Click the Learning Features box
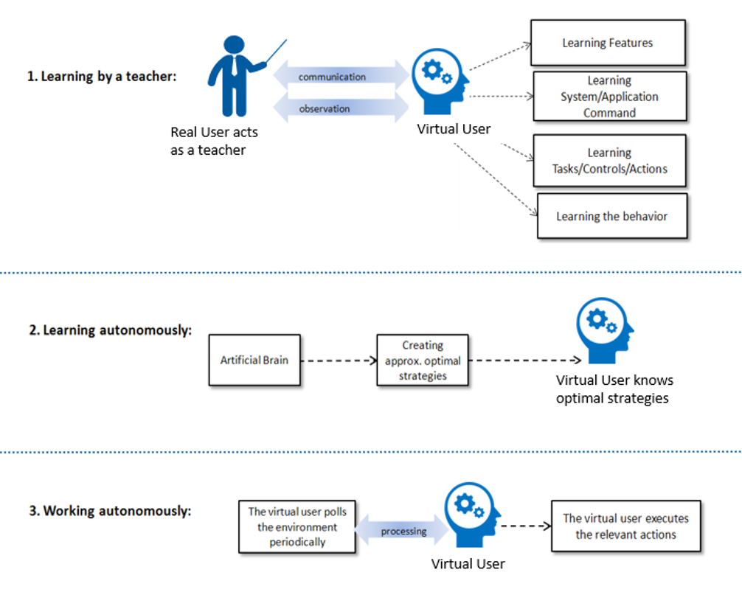tap(608, 43)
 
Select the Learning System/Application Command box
tap(610, 97)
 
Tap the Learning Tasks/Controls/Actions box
tap(610, 161)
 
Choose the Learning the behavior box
tap(612, 216)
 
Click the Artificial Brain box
tap(254, 360)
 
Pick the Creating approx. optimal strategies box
tap(423, 360)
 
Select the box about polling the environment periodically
tap(297, 526)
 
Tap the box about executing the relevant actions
tap(626, 526)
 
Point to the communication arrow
tap(341, 76)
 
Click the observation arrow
tap(341, 108)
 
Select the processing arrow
tap(402, 530)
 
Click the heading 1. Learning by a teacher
tap(102, 76)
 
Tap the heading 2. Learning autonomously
tap(111, 330)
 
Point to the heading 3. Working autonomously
tap(110, 511)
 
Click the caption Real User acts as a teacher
tap(214, 141)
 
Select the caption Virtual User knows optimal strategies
tap(614, 389)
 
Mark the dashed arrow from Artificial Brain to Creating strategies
tap(339, 361)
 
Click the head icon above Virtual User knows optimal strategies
tap(605, 330)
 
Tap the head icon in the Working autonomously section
tap(472, 515)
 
